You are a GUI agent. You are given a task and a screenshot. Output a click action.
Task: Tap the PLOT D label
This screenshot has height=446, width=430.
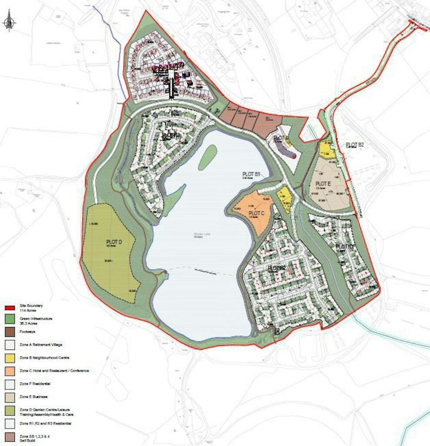click(114, 242)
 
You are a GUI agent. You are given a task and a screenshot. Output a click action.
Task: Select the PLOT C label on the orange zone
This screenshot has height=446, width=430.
click(256, 213)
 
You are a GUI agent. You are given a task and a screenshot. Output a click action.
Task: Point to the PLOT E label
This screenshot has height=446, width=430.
click(323, 184)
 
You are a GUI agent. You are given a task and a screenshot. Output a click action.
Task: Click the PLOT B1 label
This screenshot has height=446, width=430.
click(251, 174)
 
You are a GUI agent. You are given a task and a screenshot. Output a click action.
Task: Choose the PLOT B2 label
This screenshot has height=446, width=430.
click(355, 145)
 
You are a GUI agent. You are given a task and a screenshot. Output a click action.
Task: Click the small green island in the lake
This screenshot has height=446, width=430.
click(208, 157)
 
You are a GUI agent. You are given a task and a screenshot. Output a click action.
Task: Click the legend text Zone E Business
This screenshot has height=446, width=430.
click(34, 397)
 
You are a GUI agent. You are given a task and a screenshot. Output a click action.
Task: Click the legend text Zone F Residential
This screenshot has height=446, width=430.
click(35, 384)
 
